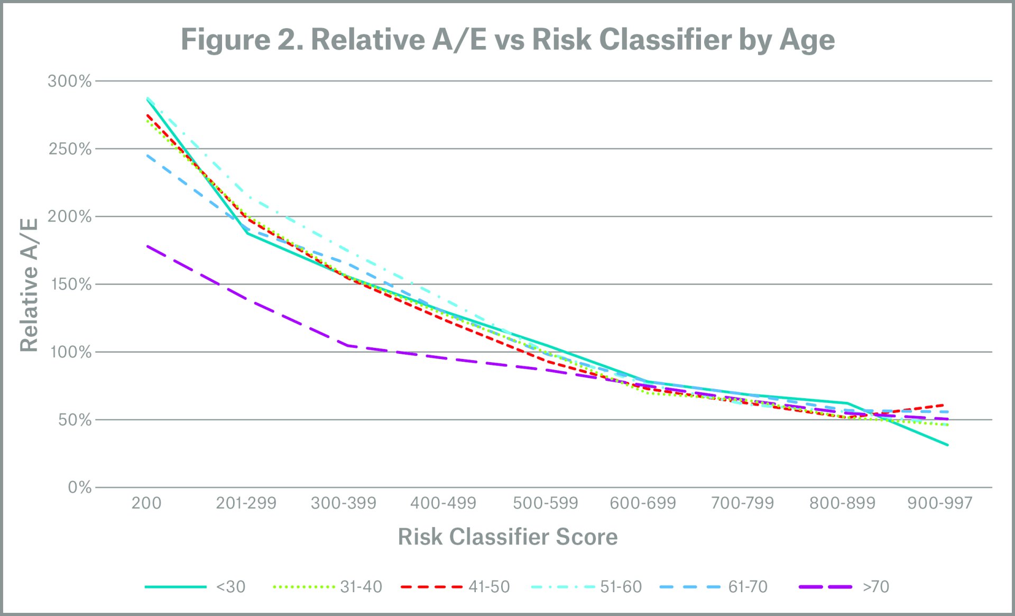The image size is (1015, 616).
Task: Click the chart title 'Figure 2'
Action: tap(508, 40)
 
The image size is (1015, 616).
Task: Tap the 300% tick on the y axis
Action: tap(70, 81)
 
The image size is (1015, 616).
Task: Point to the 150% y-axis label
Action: tap(71, 284)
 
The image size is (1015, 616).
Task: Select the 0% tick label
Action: tap(80, 488)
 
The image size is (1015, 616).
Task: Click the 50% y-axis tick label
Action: tap(75, 420)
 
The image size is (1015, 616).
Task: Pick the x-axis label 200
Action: tap(146, 503)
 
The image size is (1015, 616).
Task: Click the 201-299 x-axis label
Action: tap(246, 503)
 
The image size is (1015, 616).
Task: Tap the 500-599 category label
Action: tap(546, 503)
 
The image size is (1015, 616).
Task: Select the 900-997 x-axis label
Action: tap(940, 503)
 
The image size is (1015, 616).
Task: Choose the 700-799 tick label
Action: tap(742, 503)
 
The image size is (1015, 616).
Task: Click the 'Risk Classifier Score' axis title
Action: tap(508, 537)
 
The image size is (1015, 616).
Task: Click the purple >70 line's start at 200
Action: tap(147, 246)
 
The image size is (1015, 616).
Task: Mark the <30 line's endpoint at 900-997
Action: tap(947, 445)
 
